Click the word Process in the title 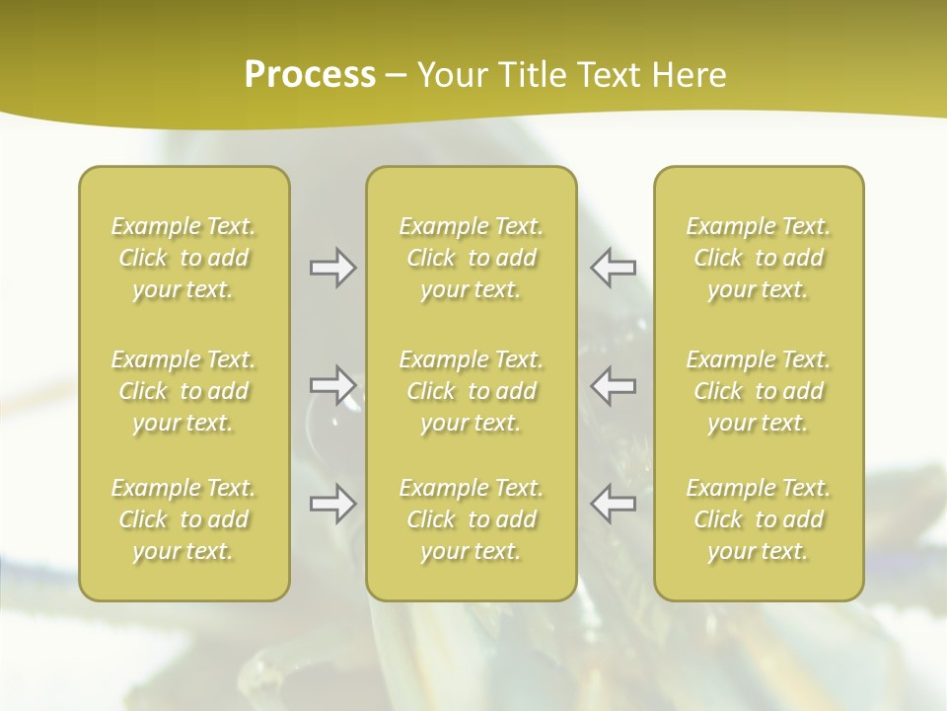[x=310, y=75]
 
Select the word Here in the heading [x=690, y=75]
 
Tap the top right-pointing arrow [x=332, y=268]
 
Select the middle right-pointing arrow [x=332, y=384]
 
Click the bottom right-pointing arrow [x=332, y=504]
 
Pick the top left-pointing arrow [x=614, y=268]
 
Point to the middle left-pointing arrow [x=614, y=384]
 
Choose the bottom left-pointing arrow [x=614, y=504]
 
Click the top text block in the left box [x=183, y=258]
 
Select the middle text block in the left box [x=183, y=391]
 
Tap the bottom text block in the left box [x=183, y=519]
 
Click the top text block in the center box [x=472, y=258]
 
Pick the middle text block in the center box [x=472, y=391]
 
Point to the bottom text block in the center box [x=472, y=519]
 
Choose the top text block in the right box [x=759, y=258]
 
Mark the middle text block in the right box [x=759, y=391]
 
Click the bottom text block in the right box [x=759, y=519]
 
